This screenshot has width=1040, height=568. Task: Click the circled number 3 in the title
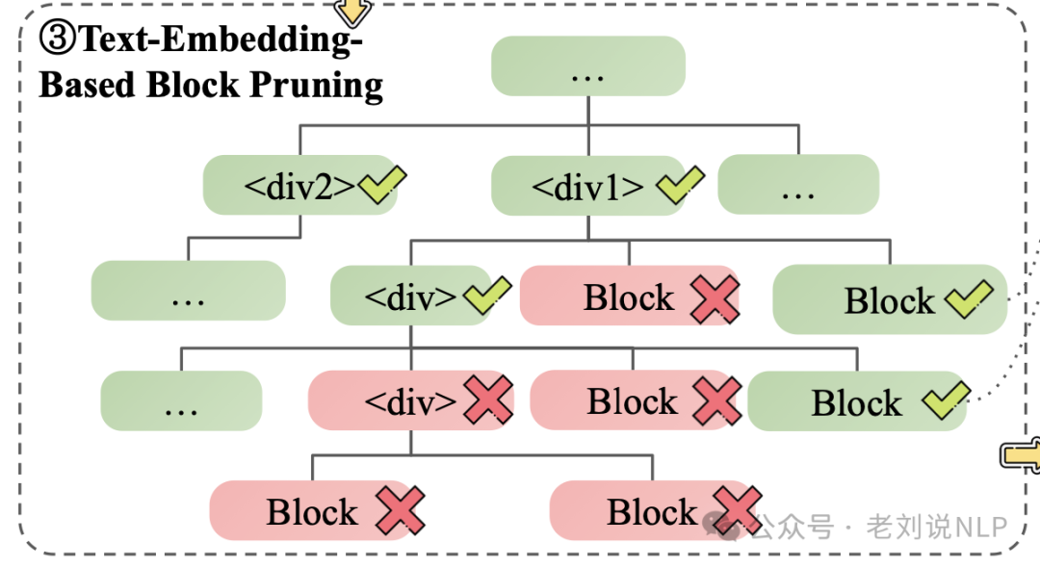pos(57,39)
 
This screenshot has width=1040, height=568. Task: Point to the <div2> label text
pos(299,186)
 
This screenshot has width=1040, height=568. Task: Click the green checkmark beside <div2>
pos(382,185)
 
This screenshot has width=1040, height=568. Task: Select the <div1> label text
pos(587,187)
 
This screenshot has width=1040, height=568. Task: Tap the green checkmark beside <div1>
pos(680,185)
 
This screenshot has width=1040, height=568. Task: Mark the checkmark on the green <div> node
pos(486,296)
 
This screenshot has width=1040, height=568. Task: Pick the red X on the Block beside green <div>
pos(714,298)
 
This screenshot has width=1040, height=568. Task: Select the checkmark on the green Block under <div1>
pos(968,299)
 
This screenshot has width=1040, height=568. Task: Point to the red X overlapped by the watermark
pos(737,510)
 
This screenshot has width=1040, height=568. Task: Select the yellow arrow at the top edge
pos(351,12)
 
